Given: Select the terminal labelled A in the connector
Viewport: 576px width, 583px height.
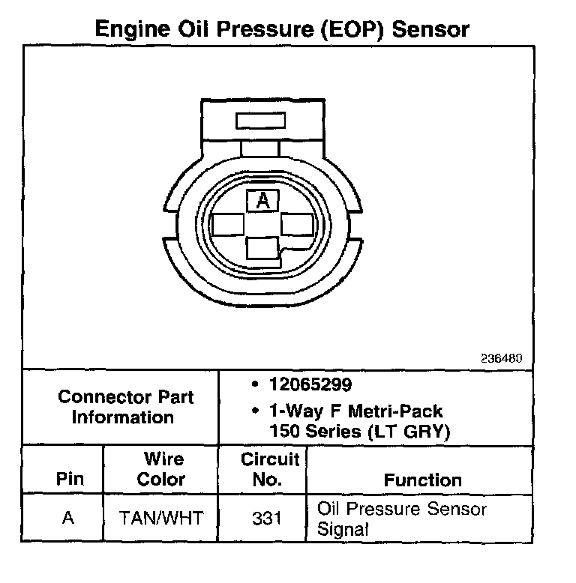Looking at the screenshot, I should [262, 199].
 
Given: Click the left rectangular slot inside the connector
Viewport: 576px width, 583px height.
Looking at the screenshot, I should [227, 225].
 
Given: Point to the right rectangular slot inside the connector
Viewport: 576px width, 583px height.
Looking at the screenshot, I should [298, 225].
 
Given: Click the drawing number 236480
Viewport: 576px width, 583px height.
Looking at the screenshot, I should [501, 358].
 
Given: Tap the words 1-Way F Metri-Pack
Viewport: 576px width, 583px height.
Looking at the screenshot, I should [355, 411].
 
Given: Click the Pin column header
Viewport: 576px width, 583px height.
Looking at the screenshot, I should [70, 480].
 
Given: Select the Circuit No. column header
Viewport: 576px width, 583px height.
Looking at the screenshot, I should [269, 469].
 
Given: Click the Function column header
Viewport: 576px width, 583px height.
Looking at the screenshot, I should [422, 480].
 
